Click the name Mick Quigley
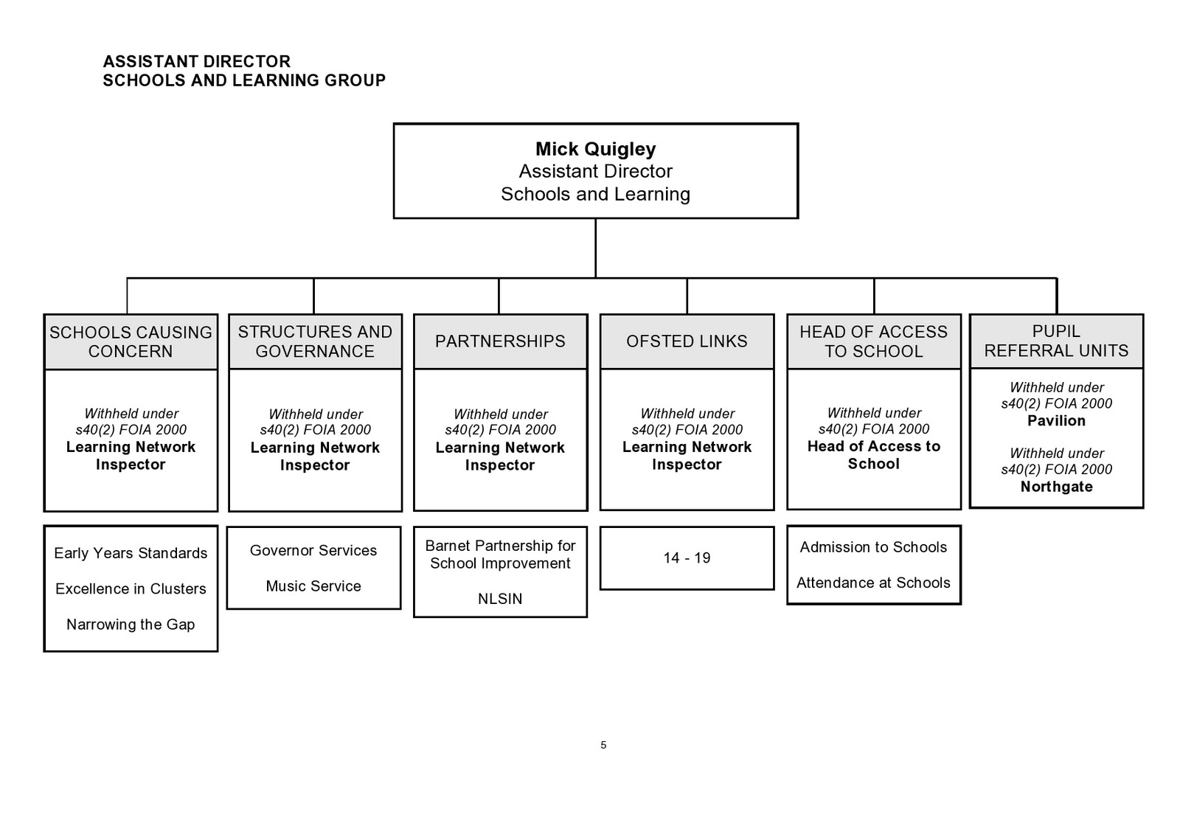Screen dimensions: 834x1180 (x=595, y=149)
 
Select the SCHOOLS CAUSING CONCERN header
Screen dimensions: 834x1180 (x=131, y=342)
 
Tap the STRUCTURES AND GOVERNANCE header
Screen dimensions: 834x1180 (x=315, y=342)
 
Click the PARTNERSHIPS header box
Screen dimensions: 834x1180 (x=500, y=341)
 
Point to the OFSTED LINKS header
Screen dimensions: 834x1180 (x=687, y=341)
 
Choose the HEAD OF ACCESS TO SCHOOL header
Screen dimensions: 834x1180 (x=873, y=342)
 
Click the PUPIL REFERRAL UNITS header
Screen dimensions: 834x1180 (x=1056, y=341)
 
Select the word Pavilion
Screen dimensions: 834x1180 (x=1056, y=421)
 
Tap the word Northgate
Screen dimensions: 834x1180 (x=1056, y=487)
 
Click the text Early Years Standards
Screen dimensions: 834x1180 (x=131, y=553)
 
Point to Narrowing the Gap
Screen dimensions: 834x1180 (x=131, y=625)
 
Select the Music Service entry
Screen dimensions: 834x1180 (x=313, y=586)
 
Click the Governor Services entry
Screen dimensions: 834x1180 (x=313, y=551)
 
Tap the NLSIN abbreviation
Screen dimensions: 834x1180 (x=500, y=599)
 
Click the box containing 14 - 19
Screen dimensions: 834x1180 (x=687, y=558)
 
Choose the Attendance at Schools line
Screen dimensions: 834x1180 (x=873, y=583)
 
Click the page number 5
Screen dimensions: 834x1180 (x=603, y=745)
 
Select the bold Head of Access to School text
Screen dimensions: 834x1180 (x=873, y=455)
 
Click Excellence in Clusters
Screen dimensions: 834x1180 (x=131, y=589)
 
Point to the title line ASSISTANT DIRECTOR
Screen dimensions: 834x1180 (x=197, y=61)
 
